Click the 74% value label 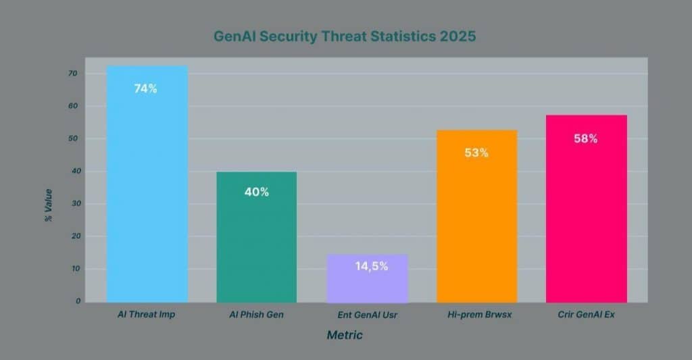point(145,88)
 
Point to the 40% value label point(256,192)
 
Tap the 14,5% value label point(371,266)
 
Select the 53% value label point(476,153)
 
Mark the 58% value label point(585,138)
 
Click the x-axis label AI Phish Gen point(256,315)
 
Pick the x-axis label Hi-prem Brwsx point(476,315)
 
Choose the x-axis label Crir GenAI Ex point(586,315)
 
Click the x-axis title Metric point(345,335)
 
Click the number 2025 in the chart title point(457,37)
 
